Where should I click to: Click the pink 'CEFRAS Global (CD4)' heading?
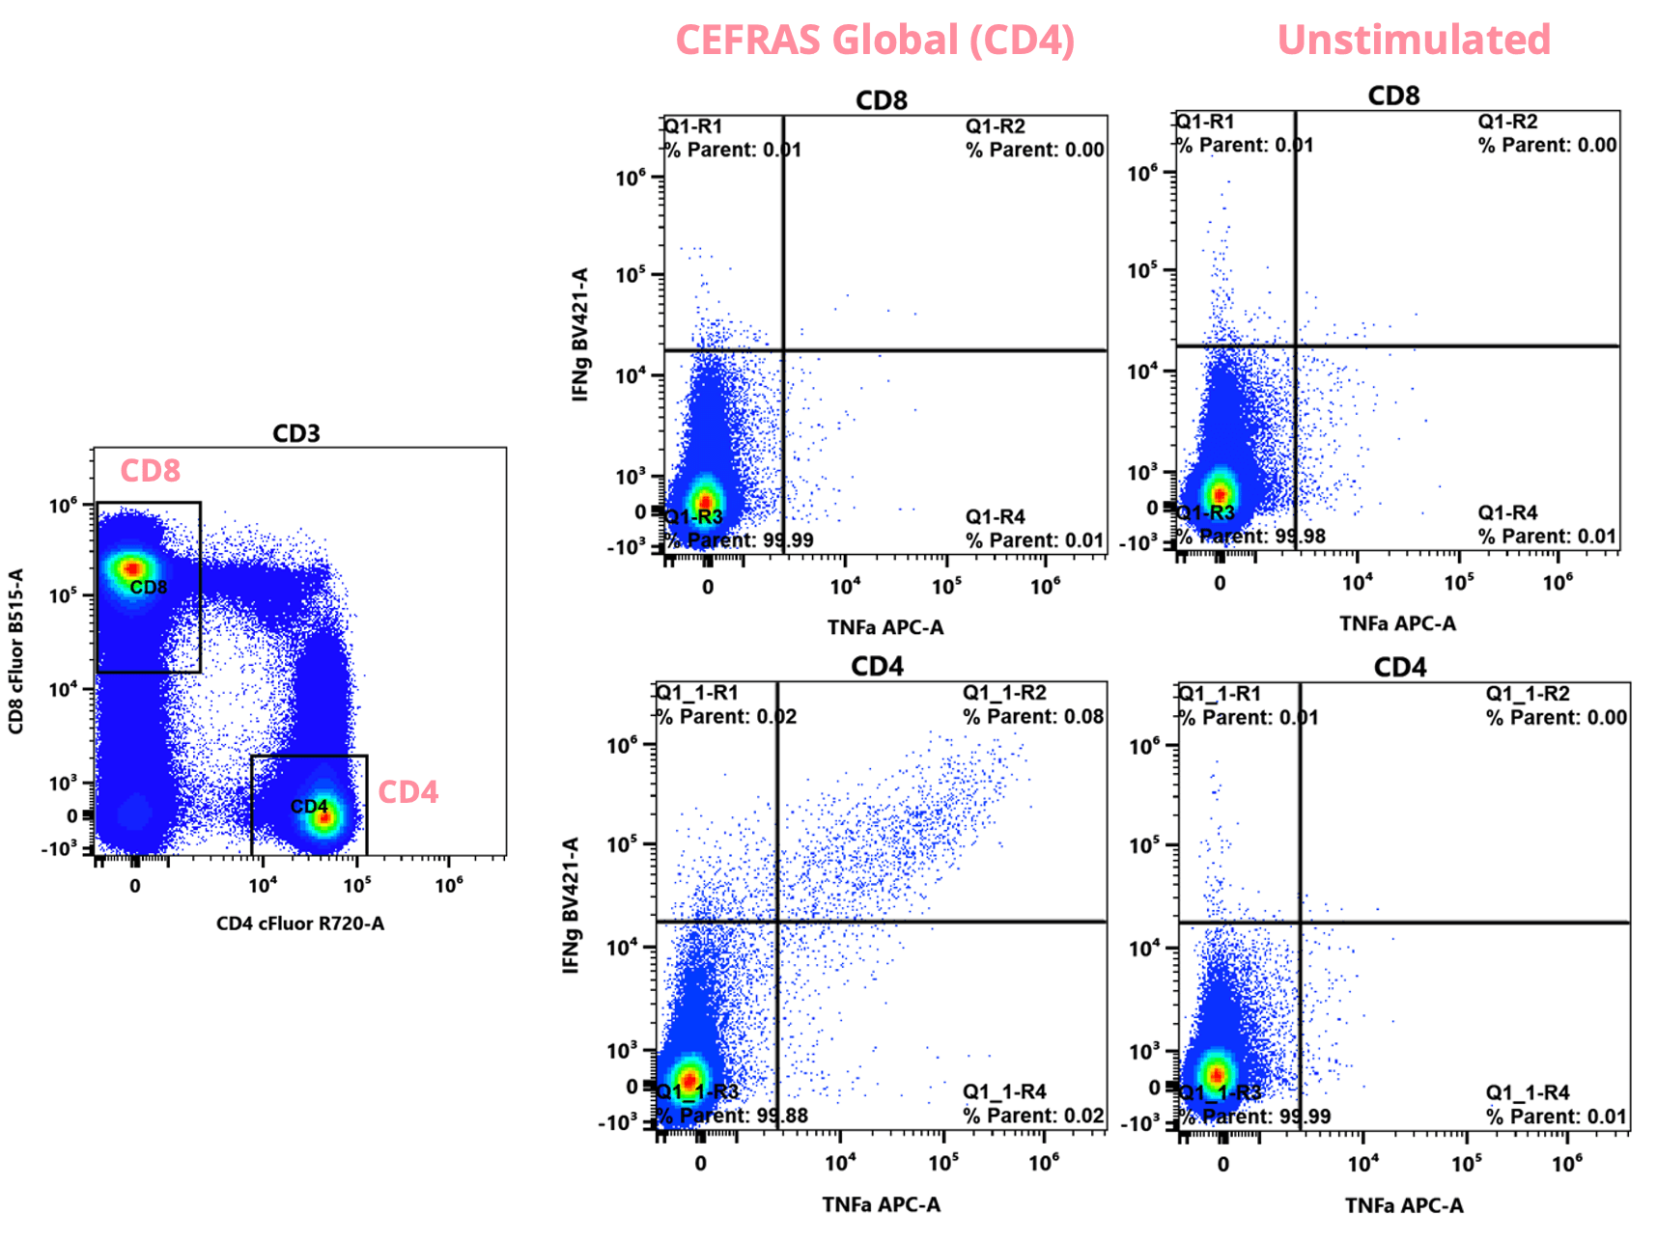coord(875,41)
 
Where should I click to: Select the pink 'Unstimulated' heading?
coord(1413,41)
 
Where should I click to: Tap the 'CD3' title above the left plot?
coord(295,433)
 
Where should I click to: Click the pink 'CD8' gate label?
coord(150,471)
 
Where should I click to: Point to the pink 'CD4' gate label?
coord(407,792)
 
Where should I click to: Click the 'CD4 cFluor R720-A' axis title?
coord(299,924)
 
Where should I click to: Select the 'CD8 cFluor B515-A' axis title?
coord(16,651)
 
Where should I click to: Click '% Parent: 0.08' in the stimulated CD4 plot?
coord(1033,716)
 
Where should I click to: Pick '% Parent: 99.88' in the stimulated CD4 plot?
coord(732,1116)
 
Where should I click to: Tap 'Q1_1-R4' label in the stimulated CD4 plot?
coord(1004,1091)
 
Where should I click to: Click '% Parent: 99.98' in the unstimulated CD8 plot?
coord(1252,536)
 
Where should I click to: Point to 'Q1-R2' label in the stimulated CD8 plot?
coord(995,126)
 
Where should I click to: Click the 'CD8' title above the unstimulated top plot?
coord(1393,96)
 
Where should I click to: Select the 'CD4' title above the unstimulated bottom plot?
coord(1399,668)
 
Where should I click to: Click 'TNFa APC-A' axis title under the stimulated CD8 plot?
coord(885,627)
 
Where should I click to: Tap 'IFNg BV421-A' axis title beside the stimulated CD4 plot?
coord(571,904)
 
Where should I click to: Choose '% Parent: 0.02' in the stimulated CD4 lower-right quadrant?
coord(1033,1116)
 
